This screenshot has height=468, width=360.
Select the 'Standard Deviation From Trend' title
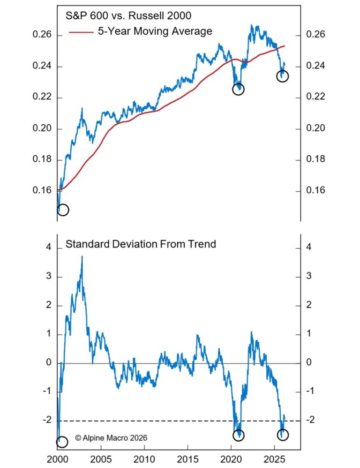pyautogui.click(x=141, y=244)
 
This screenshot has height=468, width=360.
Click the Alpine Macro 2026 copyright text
pyautogui.click(x=111, y=438)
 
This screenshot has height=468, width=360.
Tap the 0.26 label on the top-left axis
pyautogui.click(x=41, y=36)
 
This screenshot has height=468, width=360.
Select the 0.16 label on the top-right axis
pyautogui.click(x=315, y=191)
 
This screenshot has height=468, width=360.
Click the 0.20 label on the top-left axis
pyautogui.click(x=41, y=129)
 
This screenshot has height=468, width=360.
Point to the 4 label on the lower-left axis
pyautogui.click(x=48, y=248)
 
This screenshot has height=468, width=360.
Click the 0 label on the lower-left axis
pyautogui.click(x=48, y=363)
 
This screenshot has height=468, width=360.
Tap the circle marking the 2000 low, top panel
pyautogui.click(x=63, y=210)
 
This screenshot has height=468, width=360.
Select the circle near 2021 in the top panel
pyautogui.click(x=238, y=89)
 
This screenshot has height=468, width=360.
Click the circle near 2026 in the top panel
pyautogui.click(x=282, y=76)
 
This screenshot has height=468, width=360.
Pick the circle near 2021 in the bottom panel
pyautogui.click(x=239, y=435)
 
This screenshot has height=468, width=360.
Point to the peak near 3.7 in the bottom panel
pyautogui.click(x=82, y=257)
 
